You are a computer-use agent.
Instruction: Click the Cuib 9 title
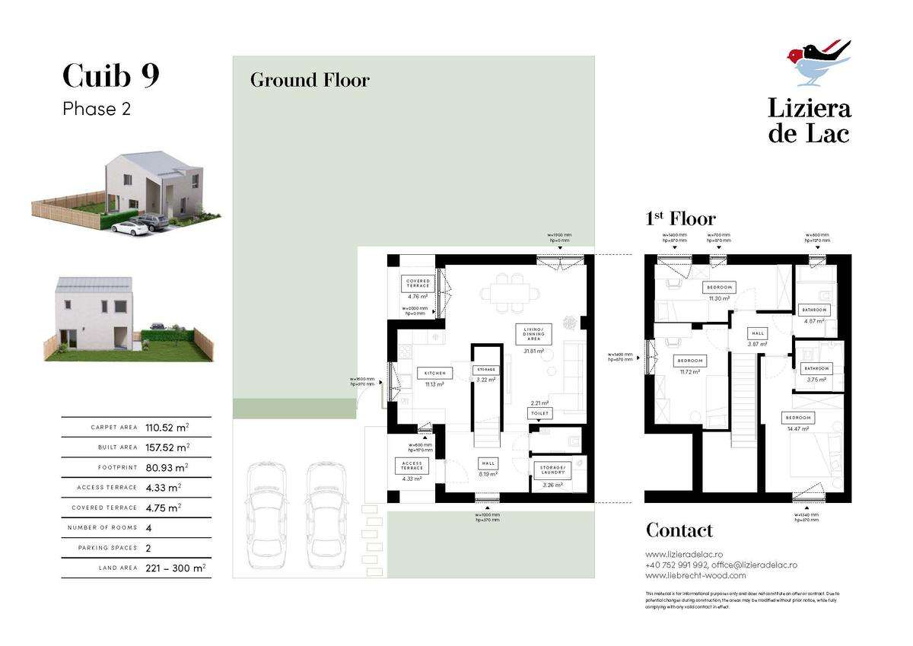pyautogui.click(x=110, y=76)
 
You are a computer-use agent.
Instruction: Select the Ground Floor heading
pyautogui.click(x=310, y=80)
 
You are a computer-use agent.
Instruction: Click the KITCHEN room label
pyautogui.click(x=435, y=373)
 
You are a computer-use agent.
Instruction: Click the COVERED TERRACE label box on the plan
pyautogui.click(x=418, y=284)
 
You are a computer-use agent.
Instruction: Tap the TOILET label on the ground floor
pyautogui.click(x=539, y=413)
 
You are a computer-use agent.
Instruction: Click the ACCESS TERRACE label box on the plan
pyautogui.click(x=412, y=466)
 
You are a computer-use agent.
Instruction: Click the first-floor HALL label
pyautogui.click(x=758, y=333)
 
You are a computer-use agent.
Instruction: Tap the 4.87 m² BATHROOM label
pyautogui.click(x=814, y=310)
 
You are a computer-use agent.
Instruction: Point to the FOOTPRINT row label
pyautogui.click(x=117, y=468)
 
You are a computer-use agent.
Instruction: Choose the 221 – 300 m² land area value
pyautogui.click(x=175, y=568)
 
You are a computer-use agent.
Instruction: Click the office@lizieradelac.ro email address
pyautogui.click(x=756, y=565)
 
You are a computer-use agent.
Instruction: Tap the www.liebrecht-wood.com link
pyautogui.click(x=685, y=576)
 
